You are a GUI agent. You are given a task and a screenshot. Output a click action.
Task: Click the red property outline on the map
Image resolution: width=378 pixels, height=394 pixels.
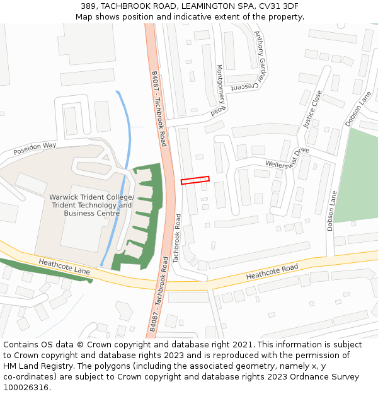195,180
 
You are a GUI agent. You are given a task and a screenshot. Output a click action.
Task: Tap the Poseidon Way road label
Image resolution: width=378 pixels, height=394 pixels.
35,149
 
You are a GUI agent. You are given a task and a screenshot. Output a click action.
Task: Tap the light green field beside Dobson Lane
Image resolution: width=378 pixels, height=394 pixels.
356,177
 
